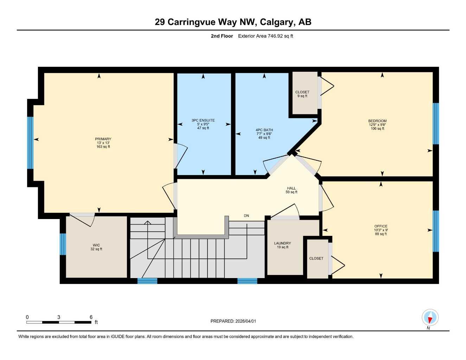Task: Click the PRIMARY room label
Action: (x=103, y=139)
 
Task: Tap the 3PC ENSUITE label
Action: (x=203, y=121)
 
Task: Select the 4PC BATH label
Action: (x=264, y=130)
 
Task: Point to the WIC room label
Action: (x=96, y=245)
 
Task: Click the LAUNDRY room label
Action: (x=282, y=243)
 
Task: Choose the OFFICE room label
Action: (x=381, y=226)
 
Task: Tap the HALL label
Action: (x=291, y=188)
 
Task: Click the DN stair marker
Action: (x=247, y=216)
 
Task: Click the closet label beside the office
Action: (x=316, y=258)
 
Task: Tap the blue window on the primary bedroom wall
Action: (x=31, y=143)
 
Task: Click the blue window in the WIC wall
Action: (x=63, y=244)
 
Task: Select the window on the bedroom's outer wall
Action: (x=436, y=124)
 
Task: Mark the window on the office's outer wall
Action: (x=436, y=231)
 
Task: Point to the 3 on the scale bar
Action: (x=58, y=317)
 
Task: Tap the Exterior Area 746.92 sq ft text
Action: (x=266, y=36)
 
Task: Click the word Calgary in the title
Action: (x=276, y=22)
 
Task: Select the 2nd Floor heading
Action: (x=222, y=36)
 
